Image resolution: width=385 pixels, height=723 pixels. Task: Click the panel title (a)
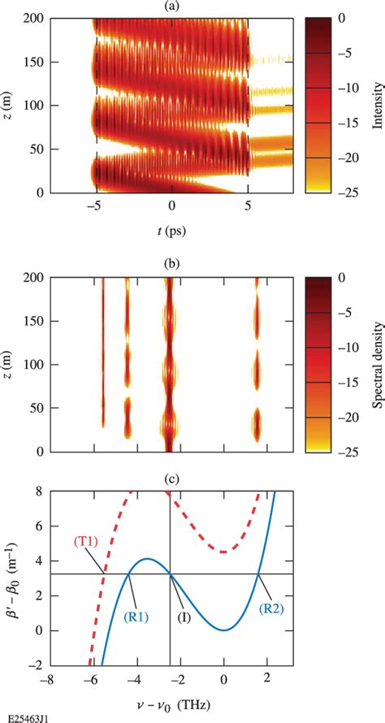pos(171,6)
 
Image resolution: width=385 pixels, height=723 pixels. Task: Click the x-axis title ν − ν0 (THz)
pos(171,701)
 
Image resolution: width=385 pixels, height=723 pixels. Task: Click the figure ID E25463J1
pos(26,717)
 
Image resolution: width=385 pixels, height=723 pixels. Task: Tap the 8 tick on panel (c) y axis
pos(39,491)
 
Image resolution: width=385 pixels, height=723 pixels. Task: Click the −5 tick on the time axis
pos(96,208)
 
